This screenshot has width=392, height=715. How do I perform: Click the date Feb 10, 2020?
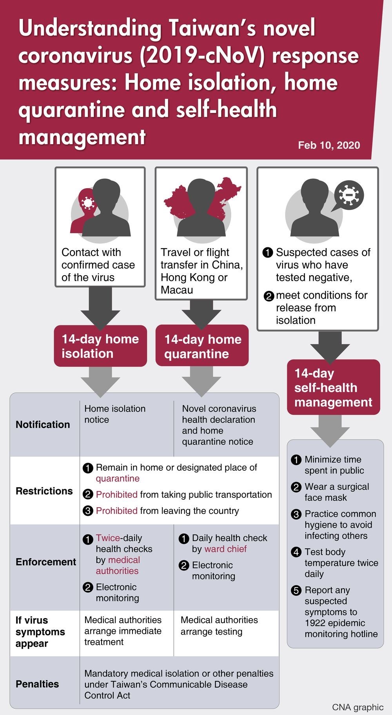[x=328, y=145]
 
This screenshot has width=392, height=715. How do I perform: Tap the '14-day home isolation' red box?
[x=100, y=346]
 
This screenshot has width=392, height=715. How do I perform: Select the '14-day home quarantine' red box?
[x=202, y=346]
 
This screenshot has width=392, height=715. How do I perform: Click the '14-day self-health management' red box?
[x=333, y=387]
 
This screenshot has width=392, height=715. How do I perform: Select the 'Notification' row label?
[x=43, y=425]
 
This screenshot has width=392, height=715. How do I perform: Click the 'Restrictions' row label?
[x=44, y=491]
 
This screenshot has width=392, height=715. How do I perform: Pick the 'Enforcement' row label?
[x=46, y=562]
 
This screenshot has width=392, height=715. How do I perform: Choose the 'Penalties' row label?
[x=37, y=684]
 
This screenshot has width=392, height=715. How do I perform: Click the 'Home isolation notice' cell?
[x=114, y=414]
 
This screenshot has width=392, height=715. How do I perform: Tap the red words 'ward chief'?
[x=225, y=549]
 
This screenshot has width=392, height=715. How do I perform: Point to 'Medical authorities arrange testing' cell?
[x=219, y=626]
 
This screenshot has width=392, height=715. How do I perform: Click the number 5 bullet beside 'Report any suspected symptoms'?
[x=296, y=590]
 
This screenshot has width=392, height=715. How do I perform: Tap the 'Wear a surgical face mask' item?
[x=336, y=492]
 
